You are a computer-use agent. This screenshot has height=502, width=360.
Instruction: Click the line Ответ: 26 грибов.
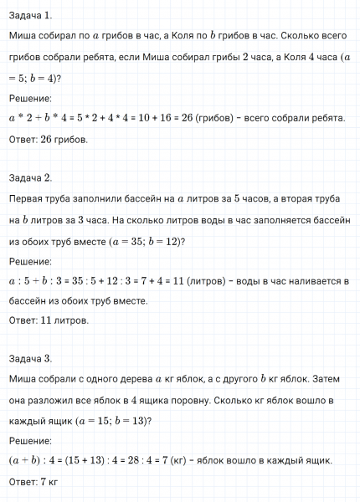(x=48, y=140)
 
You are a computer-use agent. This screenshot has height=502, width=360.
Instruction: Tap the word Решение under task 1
(x=30, y=99)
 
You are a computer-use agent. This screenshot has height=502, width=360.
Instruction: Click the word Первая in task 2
(x=28, y=200)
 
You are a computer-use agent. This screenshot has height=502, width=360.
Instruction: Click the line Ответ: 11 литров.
(x=49, y=320)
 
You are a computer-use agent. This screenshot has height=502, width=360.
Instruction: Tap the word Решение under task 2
(x=30, y=261)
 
